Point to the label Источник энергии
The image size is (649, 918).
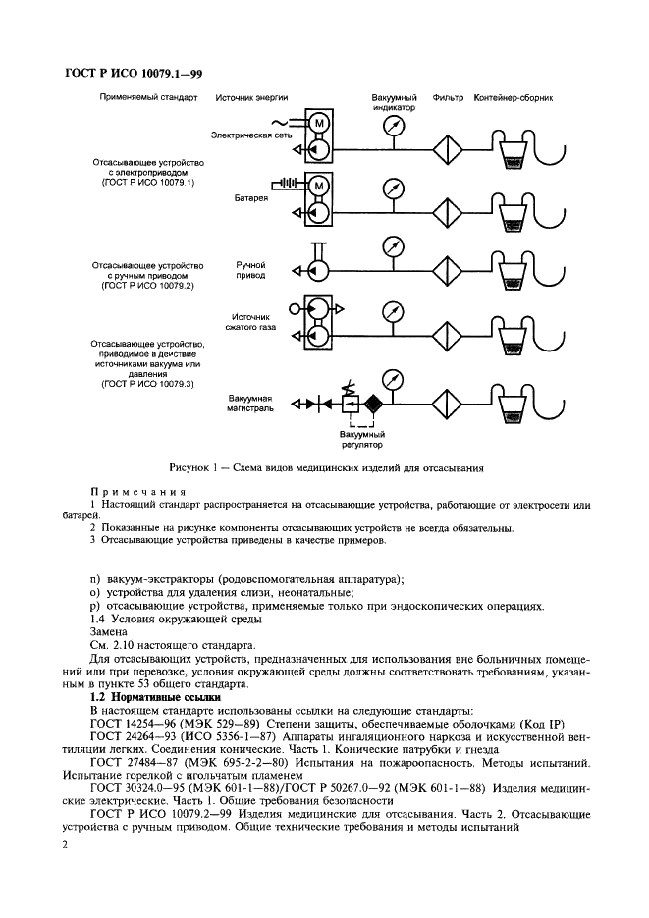250,99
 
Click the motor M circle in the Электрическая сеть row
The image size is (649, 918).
321,123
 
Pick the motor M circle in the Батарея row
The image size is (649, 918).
321,187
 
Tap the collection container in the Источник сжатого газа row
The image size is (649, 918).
512,342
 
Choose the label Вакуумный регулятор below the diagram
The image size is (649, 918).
360,438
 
